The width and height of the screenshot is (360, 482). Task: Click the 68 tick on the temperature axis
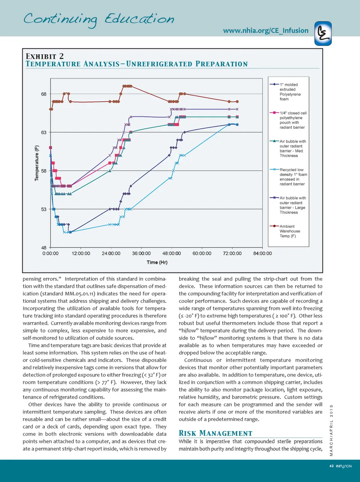44,94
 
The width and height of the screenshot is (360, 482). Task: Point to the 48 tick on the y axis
44,248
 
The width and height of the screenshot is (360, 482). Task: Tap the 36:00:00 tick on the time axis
141,254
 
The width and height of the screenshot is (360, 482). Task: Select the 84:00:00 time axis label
262,254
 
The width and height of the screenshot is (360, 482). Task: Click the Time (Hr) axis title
157,262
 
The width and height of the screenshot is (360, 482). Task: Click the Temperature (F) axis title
37,163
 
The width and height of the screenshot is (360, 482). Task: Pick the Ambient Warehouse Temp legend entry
289,231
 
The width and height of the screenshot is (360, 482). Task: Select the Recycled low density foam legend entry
292,177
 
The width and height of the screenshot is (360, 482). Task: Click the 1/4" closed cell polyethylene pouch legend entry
292,120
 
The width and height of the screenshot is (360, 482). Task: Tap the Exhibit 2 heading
45,56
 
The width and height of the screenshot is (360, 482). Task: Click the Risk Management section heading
215,433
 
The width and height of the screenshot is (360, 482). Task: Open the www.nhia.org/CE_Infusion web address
265,31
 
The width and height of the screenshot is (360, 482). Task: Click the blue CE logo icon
323,33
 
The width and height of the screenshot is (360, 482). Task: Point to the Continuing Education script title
99,19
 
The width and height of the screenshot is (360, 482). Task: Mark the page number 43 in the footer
331,466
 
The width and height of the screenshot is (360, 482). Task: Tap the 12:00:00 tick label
81,254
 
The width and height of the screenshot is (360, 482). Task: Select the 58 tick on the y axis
44,171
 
